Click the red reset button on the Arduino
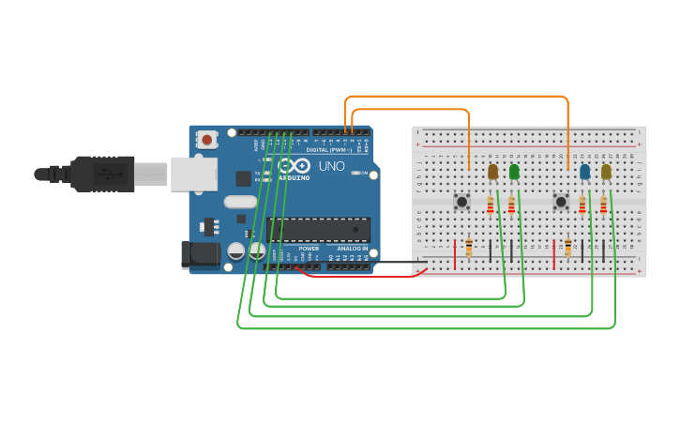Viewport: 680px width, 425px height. pyautogui.click(x=207, y=140)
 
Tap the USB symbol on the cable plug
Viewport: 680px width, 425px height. pyautogui.click(x=110, y=174)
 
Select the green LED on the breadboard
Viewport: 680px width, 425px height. pyautogui.click(x=514, y=172)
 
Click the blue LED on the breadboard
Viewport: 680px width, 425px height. pyautogui.click(x=585, y=172)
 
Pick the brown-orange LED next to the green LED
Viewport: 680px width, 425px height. pyautogui.click(x=493, y=172)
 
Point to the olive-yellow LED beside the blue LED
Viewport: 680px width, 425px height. pyautogui.click(x=607, y=172)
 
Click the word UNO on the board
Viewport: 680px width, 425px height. pyautogui.click(x=332, y=166)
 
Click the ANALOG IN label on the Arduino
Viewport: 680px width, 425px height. pyautogui.click(x=353, y=249)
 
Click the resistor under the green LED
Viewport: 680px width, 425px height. pyautogui.click(x=511, y=205)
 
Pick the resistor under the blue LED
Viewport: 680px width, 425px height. pyautogui.click(x=582, y=205)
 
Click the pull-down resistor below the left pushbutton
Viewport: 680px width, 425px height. pyautogui.click(x=469, y=248)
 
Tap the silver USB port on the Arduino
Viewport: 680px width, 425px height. pyautogui.click(x=193, y=175)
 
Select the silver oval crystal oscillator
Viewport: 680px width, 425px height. pyautogui.click(x=240, y=201)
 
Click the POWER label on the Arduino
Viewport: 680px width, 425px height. pyautogui.click(x=309, y=249)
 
